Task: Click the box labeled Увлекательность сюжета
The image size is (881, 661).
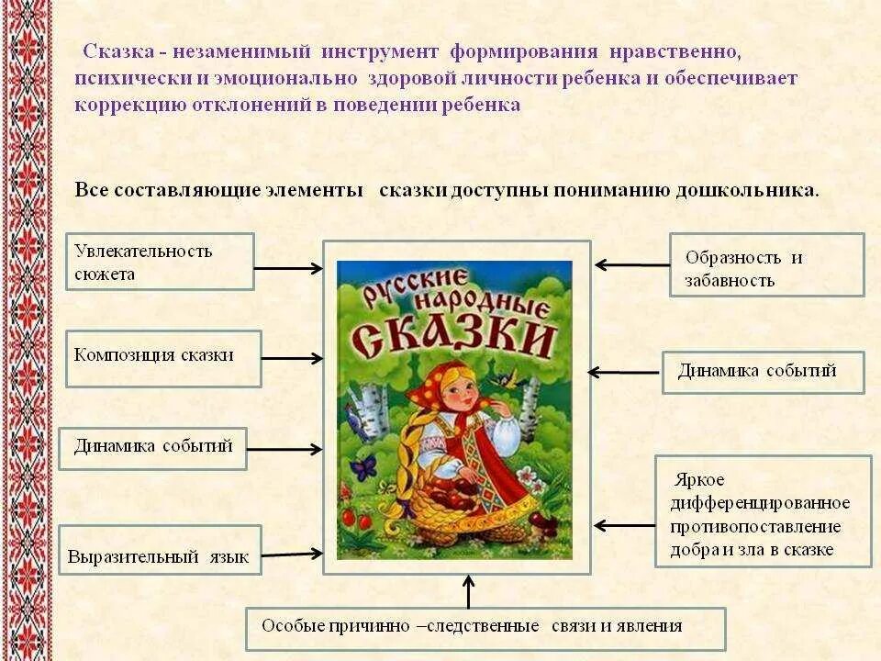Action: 160,262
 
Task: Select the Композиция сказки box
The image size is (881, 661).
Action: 163,357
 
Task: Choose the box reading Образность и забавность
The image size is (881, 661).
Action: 766,265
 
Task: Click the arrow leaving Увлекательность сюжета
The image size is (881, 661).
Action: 287,268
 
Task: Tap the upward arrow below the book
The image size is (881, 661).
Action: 469,591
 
